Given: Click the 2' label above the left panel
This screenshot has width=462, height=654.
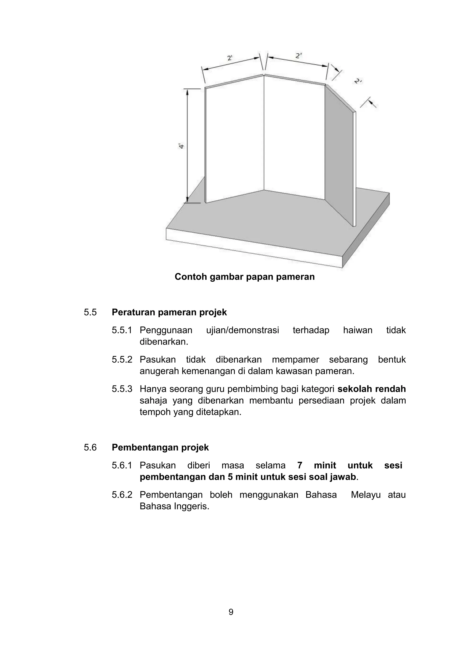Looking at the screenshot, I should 230,58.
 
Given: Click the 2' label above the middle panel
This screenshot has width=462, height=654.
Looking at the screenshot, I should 298,56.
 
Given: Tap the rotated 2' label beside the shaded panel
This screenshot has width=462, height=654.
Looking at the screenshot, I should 358,81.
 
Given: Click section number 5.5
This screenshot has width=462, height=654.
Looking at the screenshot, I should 90,313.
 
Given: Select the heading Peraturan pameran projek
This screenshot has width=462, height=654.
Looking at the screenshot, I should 169,313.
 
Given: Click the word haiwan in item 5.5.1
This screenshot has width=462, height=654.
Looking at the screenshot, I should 357,330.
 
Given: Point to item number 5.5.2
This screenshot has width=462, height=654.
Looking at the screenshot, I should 122,360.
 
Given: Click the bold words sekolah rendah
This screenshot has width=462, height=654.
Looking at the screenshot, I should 371,389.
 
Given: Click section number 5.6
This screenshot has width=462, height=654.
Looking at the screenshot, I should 90,448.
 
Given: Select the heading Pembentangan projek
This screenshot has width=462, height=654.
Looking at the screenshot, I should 160,448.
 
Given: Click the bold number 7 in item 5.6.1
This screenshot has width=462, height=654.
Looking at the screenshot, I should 300,465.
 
